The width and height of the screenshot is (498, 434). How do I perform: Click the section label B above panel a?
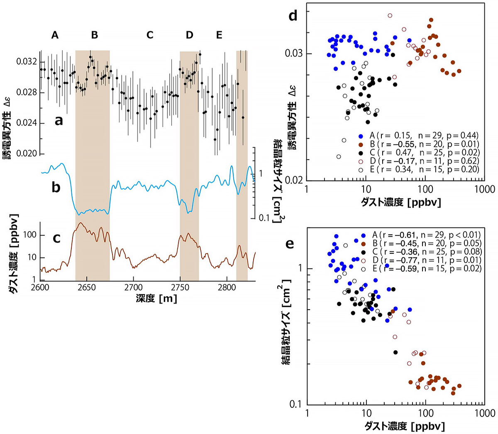coord(95,35)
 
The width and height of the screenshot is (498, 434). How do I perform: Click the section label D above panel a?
coord(190,35)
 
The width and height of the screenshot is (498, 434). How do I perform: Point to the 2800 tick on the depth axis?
coord(226,287)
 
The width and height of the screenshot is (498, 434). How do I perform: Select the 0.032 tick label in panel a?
coord(27,62)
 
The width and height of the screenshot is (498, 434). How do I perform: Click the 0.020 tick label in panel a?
coord(27,154)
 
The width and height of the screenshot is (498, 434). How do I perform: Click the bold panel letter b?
coord(56,187)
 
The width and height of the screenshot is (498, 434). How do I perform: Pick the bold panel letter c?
coord(56,238)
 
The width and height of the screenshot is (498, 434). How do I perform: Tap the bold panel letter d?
coord(293,16)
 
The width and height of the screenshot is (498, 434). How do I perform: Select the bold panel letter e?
coord(289,243)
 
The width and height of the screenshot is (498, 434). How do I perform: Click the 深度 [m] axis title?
coord(156,298)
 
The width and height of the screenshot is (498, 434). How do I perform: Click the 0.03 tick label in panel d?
coord(293,53)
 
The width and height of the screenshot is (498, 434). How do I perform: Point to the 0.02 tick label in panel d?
coord(293,180)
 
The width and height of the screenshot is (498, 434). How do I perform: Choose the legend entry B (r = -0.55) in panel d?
coord(419,144)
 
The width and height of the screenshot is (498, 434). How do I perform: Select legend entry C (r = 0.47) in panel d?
coord(419,153)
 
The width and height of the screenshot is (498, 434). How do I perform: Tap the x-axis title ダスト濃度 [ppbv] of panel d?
coord(396,202)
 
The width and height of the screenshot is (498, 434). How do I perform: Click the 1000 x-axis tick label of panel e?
coord(484,413)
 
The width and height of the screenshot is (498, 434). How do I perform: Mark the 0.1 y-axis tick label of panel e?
coord(295,404)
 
